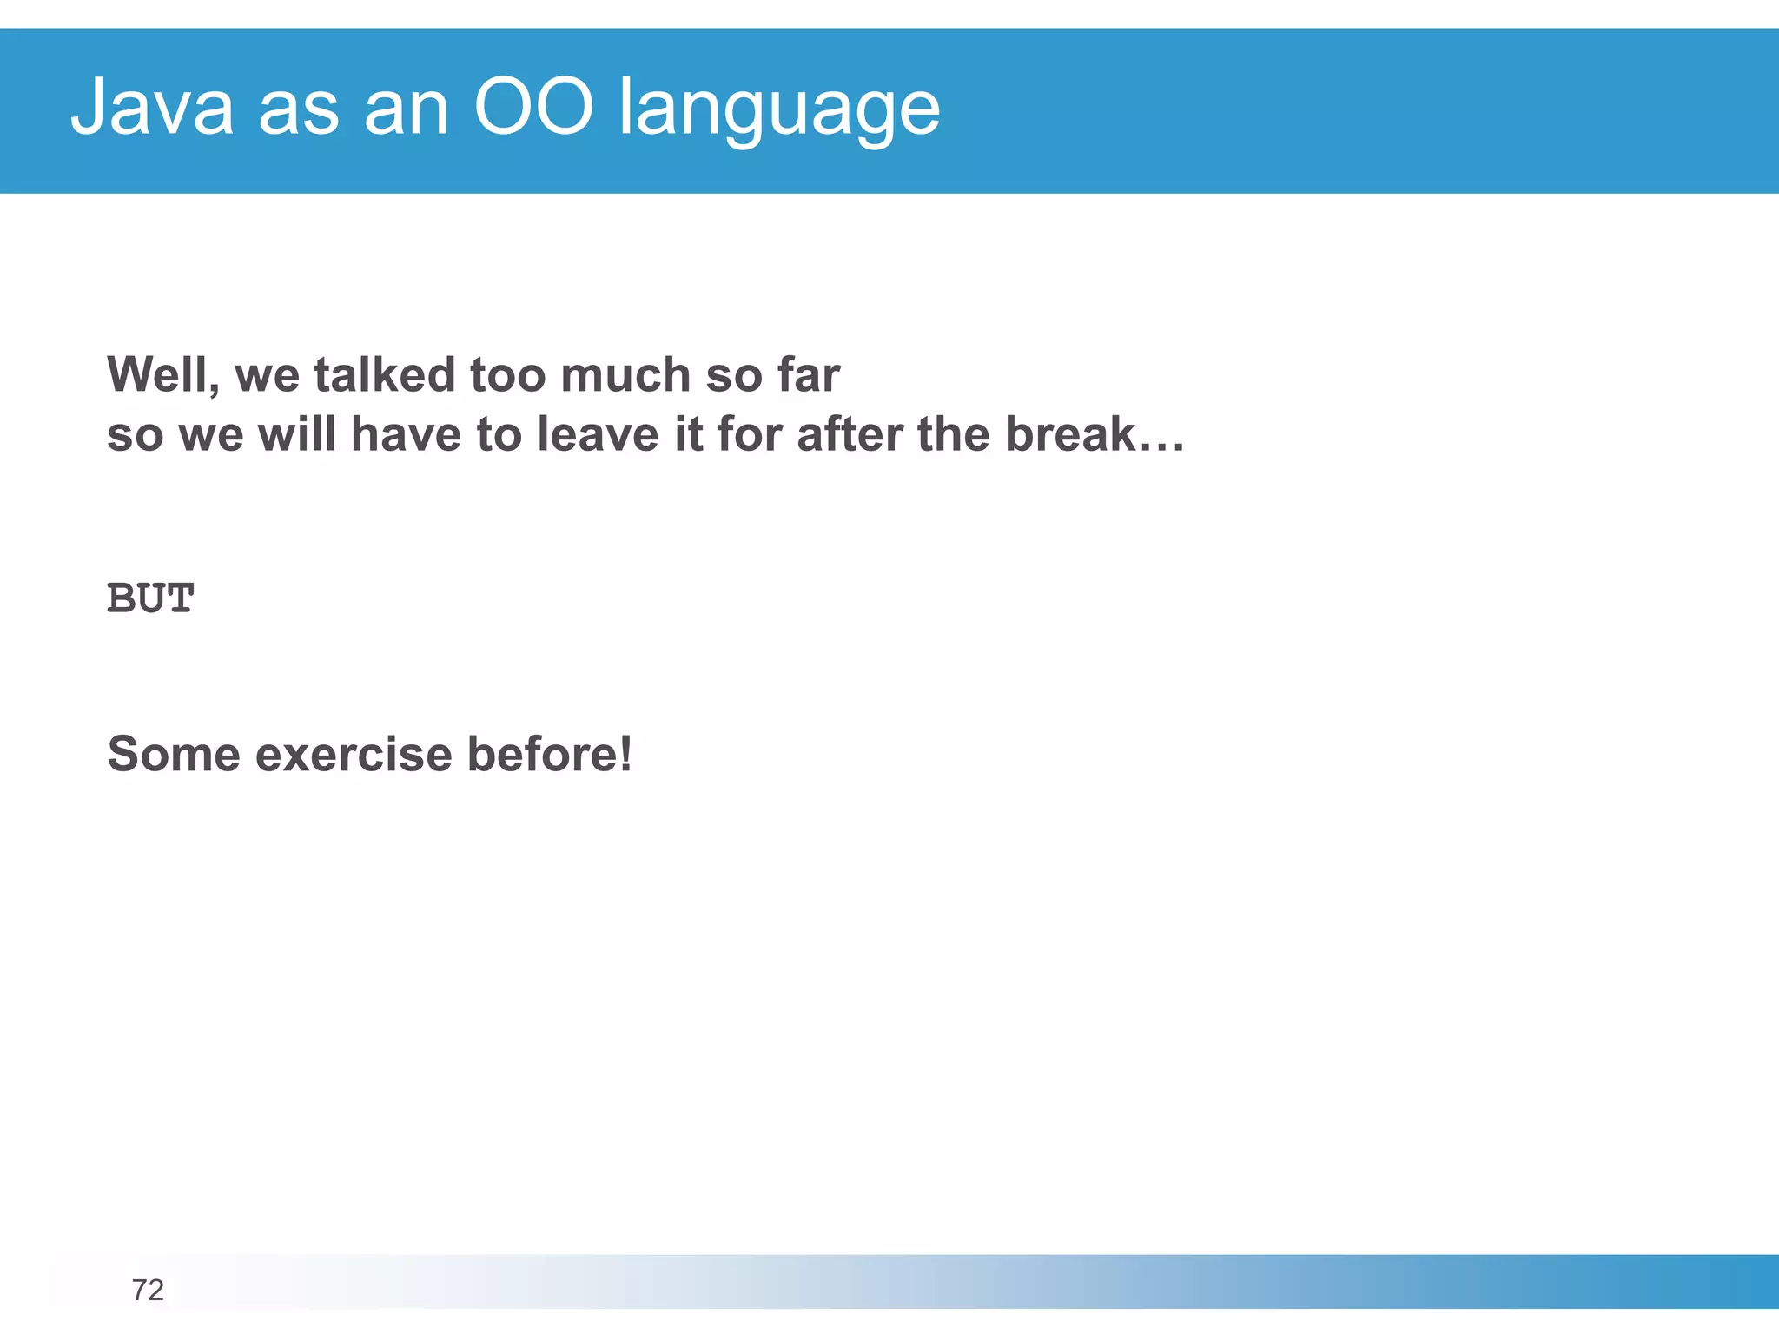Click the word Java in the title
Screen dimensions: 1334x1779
pos(152,108)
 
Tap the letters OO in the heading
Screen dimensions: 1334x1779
pos(533,108)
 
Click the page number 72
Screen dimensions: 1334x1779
pos(148,1290)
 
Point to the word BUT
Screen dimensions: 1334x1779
pos(150,598)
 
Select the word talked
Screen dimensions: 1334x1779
pos(384,375)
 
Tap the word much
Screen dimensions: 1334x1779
pos(625,375)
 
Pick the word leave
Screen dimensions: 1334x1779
pos(598,434)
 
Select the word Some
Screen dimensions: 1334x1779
pos(174,754)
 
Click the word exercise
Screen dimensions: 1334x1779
pos(354,754)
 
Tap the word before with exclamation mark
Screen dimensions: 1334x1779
pos(549,754)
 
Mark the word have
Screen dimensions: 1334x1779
pos(406,434)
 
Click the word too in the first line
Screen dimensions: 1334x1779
pos(506,375)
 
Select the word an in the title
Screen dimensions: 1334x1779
pos(406,109)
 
